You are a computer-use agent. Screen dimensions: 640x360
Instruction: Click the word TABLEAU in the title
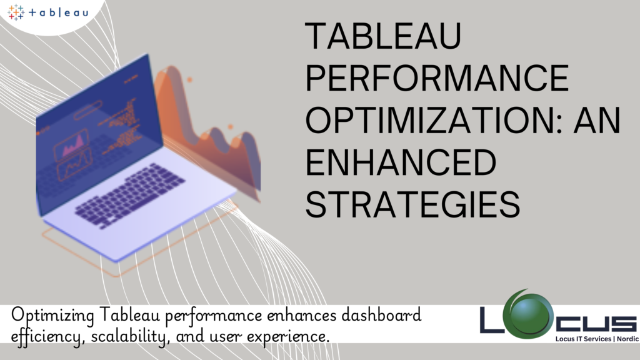(x=383, y=36)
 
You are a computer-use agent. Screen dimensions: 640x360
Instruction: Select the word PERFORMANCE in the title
(x=437, y=77)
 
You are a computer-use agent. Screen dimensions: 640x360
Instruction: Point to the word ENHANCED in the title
(x=401, y=162)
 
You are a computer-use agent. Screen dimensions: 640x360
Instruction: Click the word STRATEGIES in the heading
(x=412, y=204)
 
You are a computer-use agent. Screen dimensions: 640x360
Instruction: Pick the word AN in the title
(x=597, y=120)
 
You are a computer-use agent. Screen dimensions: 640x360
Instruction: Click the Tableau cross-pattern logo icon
(x=16, y=12)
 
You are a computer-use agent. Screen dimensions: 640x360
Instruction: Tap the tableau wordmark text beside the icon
(x=58, y=12)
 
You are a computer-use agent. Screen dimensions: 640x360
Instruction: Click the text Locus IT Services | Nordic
(x=597, y=339)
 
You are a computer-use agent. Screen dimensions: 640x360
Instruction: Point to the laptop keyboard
(x=130, y=195)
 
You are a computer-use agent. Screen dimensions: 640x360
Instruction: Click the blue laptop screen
(x=99, y=135)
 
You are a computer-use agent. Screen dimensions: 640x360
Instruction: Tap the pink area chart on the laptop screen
(x=72, y=146)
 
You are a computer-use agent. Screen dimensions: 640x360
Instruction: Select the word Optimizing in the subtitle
(x=52, y=316)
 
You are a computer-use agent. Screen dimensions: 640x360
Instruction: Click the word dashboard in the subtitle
(x=381, y=315)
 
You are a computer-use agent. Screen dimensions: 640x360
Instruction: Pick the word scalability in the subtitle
(x=129, y=336)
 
